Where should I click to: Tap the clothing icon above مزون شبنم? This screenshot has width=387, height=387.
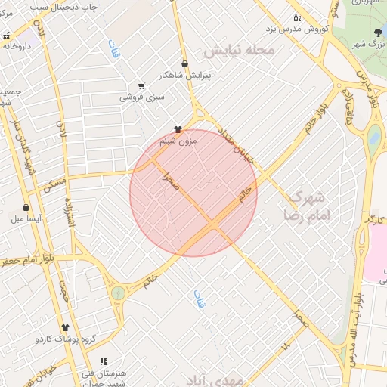tap(178, 129)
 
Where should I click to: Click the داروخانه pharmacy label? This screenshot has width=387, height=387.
tap(19, 45)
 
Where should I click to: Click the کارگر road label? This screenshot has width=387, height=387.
tap(373, 218)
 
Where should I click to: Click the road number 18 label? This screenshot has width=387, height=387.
tap(285, 346)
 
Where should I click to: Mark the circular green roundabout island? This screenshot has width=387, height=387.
tap(117, 293)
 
